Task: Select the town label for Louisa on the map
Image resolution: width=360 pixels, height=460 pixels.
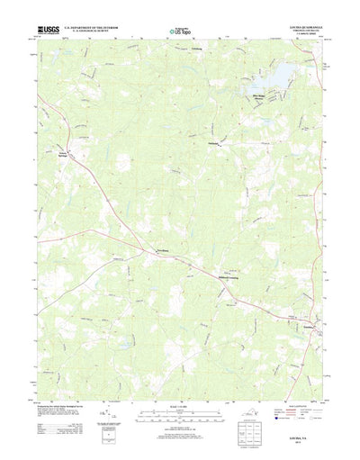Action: coord(310,326)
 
